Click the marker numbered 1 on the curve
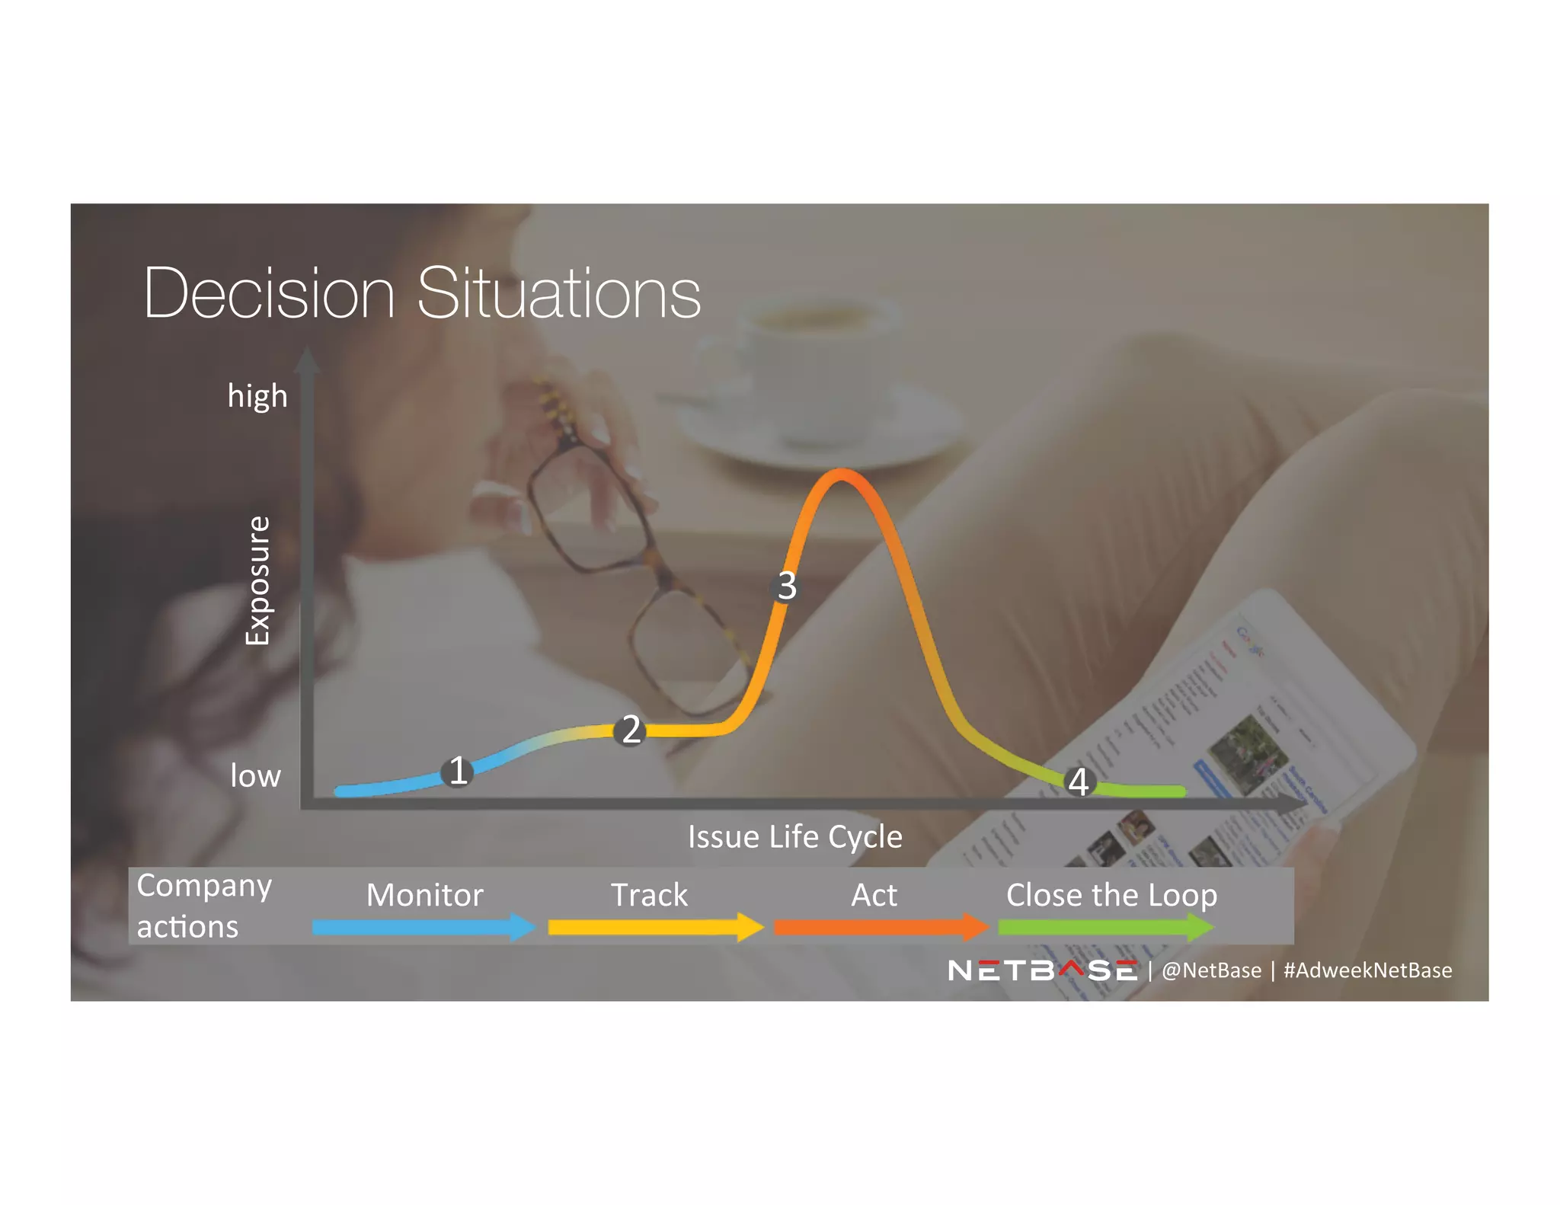click(458, 771)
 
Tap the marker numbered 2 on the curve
click(631, 730)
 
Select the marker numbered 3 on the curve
click(786, 586)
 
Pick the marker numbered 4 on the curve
click(1079, 781)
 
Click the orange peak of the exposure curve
click(841, 476)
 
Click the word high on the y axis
click(257, 396)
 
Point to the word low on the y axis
click(256, 775)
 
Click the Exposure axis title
click(257, 580)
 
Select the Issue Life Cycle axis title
click(794, 836)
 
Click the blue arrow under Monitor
click(423, 927)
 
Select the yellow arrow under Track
click(654, 927)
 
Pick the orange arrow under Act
click(880, 927)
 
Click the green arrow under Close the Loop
click(1104, 927)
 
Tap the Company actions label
click(203, 906)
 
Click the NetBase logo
click(1042, 970)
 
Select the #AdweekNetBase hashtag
click(1367, 970)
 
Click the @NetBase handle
click(1211, 970)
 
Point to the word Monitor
click(424, 895)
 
